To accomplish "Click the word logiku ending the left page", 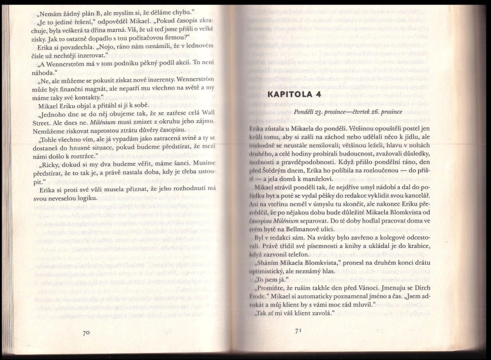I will point(89,199).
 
